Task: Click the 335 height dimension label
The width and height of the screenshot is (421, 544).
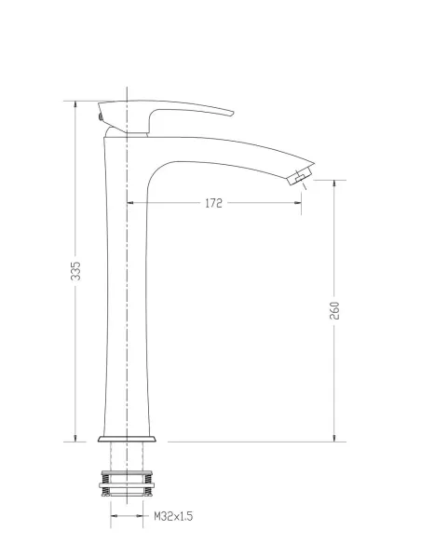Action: coord(75,271)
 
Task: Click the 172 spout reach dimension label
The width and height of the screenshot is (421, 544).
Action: coord(213,203)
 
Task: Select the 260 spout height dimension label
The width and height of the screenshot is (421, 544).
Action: coord(334,310)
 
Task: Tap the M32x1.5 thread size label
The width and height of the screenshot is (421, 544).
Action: coord(173,516)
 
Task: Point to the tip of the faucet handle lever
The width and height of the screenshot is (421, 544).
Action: coord(233,113)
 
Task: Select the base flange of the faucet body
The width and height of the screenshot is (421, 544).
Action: coord(127,440)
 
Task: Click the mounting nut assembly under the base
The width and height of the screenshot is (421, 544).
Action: coord(127,483)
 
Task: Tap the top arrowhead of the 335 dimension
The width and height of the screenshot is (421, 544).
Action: coord(75,104)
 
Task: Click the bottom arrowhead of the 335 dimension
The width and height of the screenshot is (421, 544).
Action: coord(75,438)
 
